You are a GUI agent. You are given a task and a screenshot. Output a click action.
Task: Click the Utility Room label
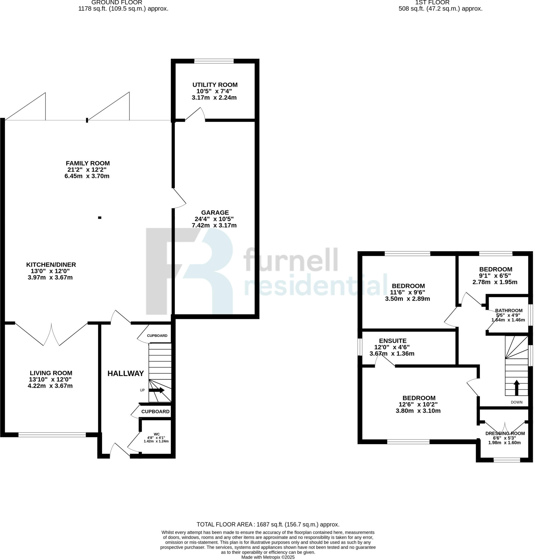pyautogui.click(x=215, y=85)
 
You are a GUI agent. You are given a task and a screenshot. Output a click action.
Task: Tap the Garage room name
pyautogui.click(x=215, y=212)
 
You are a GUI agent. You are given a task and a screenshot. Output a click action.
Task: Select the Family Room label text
pyautogui.click(x=88, y=163)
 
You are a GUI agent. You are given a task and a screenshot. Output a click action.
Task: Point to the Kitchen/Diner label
pyautogui.click(x=51, y=264)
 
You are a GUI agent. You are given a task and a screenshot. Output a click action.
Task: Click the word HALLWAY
pyautogui.click(x=126, y=374)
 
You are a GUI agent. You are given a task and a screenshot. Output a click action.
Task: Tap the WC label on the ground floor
pyautogui.click(x=157, y=434)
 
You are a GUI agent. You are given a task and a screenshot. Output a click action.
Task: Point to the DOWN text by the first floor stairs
pyautogui.click(x=517, y=402)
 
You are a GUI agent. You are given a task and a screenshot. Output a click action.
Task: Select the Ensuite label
pyautogui.click(x=393, y=341)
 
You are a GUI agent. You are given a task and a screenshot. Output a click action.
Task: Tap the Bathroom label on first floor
pyautogui.click(x=509, y=311)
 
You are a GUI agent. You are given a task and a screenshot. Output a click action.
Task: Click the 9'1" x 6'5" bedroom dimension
pyautogui.click(x=495, y=276)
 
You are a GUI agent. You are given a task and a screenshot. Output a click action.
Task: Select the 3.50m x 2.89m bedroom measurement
pyautogui.click(x=407, y=299)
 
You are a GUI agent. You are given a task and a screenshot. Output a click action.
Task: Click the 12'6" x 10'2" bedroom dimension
pyautogui.click(x=418, y=404)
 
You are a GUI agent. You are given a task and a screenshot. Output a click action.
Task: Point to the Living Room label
pyautogui.click(x=51, y=373)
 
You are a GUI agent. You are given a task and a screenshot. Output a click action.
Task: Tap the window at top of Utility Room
pyautogui.click(x=214, y=61)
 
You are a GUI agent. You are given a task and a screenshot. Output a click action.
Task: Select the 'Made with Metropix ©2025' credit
pyautogui.click(x=268, y=558)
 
